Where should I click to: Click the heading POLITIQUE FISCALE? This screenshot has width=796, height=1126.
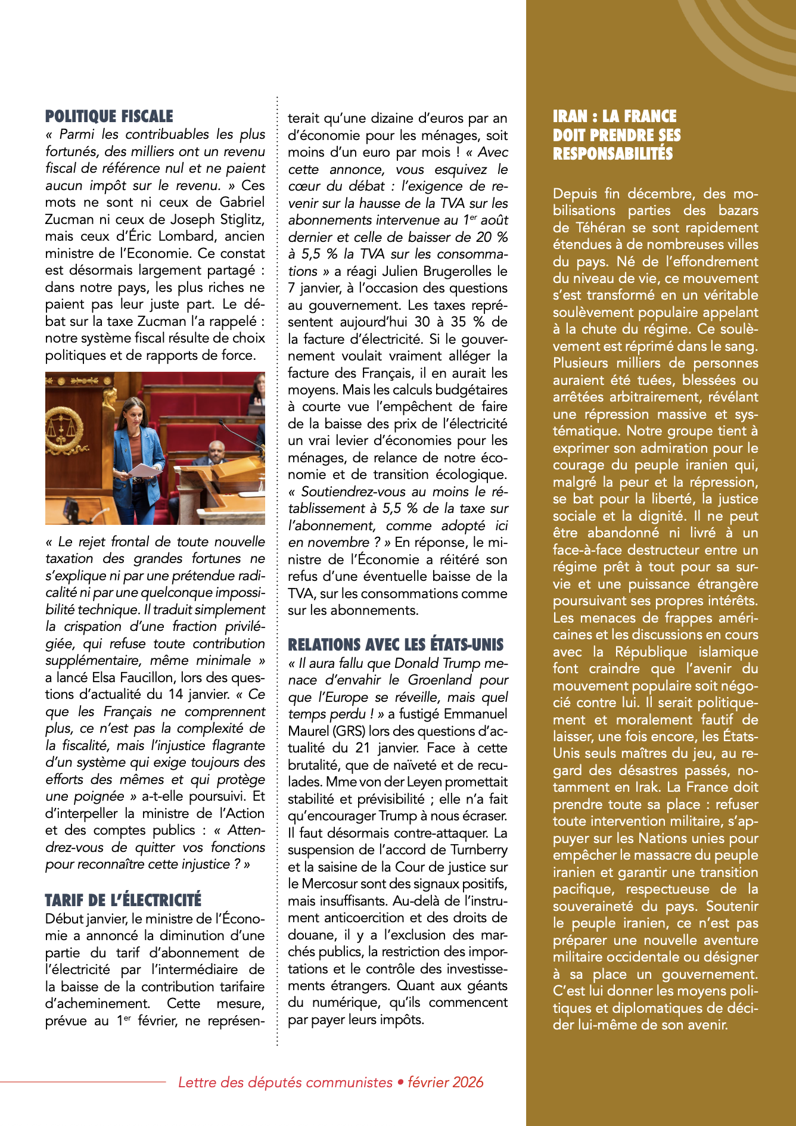point(109,116)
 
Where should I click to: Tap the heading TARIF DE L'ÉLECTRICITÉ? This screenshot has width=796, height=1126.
point(123,900)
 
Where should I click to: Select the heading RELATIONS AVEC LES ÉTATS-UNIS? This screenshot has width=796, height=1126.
point(396,645)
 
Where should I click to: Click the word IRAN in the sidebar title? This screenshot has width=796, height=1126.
point(570,116)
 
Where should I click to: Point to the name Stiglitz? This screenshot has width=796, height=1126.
point(238,219)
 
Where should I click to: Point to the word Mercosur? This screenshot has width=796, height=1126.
point(330,884)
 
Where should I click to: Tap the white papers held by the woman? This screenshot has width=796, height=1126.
point(143,471)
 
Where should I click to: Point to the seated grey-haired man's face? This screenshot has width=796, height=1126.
point(216,450)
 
